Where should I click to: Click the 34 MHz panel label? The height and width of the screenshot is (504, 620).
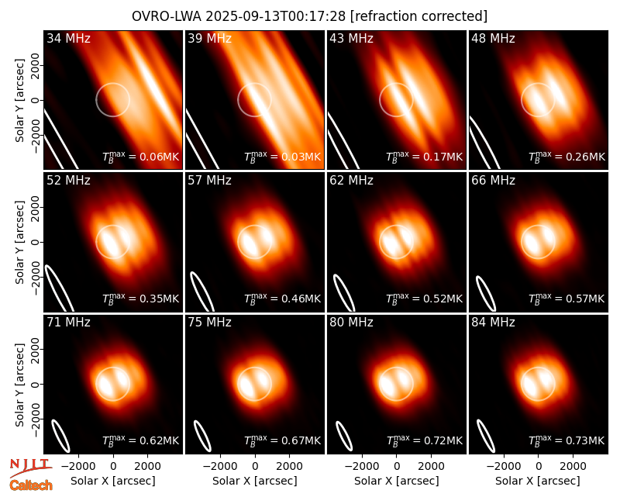tap(68, 38)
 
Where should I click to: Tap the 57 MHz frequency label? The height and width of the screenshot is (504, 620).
tap(209, 181)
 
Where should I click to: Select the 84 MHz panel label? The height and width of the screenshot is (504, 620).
tap(493, 323)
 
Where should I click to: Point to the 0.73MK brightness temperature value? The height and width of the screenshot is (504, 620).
tap(567, 440)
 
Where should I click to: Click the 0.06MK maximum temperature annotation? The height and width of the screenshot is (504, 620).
tap(141, 156)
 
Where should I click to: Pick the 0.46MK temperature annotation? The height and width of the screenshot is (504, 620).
tap(283, 298)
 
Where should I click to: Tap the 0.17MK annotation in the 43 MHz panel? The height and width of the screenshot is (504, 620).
tap(424, 156)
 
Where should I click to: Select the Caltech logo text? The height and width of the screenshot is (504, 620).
tap(31, 485)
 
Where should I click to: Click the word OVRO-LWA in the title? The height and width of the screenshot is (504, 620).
tap(166, 16)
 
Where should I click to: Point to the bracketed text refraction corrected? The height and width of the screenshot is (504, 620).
tap(418, 16)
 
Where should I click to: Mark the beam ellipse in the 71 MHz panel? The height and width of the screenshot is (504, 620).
tap(61, 436)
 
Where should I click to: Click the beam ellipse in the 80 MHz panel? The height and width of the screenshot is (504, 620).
tap(344, 436)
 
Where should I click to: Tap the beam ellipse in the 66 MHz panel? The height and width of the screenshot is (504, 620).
tap(486, 293)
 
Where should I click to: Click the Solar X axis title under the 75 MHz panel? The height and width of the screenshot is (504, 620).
tap(255, 481)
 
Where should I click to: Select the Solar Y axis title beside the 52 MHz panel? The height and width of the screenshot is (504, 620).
tap(19, 242)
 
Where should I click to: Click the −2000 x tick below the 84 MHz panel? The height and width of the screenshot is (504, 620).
tap(503, 467)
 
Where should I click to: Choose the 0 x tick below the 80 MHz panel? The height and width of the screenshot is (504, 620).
tap(397, 467)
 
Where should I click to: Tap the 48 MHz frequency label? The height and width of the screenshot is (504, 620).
tap(493, 38)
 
